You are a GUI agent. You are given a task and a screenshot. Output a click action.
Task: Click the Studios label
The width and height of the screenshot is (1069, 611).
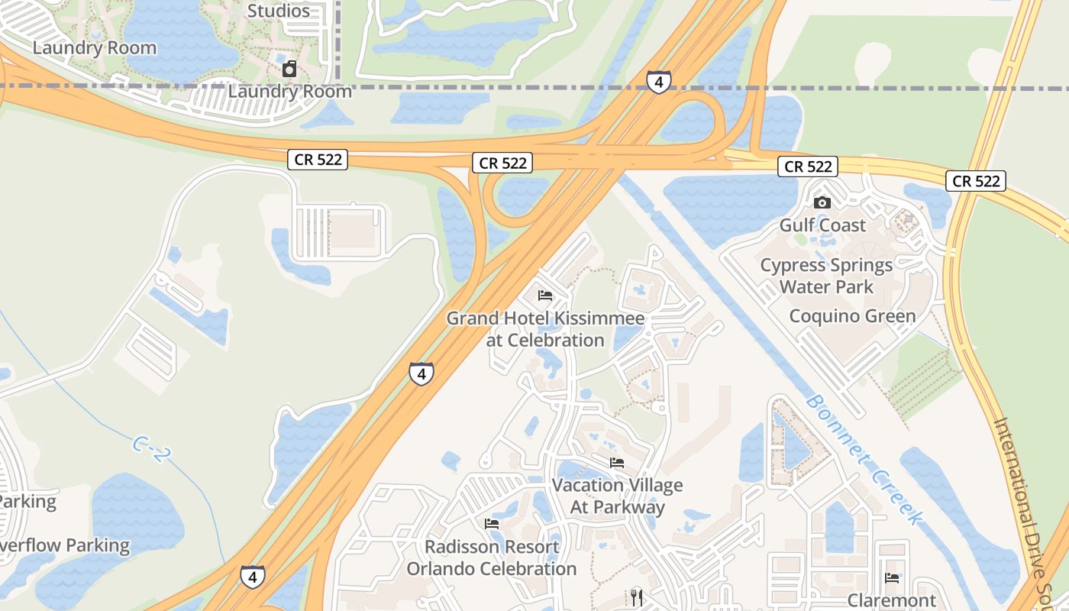coord(279,11)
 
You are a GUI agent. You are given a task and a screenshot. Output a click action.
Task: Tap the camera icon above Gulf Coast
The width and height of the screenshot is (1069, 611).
coord(822,202)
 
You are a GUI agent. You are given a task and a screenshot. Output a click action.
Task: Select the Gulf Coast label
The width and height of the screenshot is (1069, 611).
coord(822,225)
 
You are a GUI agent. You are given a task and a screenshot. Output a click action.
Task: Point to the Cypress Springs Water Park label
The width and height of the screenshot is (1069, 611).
coord(826,276)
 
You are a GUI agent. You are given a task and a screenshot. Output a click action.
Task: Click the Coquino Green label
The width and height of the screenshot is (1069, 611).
coord(852,316)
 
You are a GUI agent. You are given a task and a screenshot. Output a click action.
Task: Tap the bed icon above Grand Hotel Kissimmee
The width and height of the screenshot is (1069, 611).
coord(544,295)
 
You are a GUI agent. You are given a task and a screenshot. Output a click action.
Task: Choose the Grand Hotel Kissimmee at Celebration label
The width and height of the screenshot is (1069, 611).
coord(545,329)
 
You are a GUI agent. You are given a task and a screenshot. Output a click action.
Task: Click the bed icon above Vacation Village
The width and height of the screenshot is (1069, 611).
coord(617,462)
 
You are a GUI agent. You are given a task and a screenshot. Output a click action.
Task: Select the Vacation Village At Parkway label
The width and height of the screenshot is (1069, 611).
coord(617,496)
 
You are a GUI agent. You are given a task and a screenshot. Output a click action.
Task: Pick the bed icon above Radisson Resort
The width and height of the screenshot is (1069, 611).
coord(492,524)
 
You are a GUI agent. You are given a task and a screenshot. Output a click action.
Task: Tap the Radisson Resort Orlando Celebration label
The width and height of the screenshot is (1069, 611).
coord(492,558)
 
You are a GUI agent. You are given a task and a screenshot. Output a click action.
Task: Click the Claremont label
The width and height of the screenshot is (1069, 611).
coord(892,601)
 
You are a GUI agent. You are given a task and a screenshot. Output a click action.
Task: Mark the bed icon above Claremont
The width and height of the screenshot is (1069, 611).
coord(892,577)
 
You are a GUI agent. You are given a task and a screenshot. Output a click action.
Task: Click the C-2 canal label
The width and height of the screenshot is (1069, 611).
coord(150,448)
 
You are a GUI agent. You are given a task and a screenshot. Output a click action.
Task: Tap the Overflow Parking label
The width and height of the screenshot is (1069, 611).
coord(65,545)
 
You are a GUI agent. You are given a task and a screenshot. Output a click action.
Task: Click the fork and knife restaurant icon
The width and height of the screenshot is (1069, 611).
coord(638,597)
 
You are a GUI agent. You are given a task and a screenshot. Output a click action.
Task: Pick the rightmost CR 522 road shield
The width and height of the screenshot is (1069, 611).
coord(976,181)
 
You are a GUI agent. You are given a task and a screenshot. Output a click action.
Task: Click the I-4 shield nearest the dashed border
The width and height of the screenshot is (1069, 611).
coord(658,82)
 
